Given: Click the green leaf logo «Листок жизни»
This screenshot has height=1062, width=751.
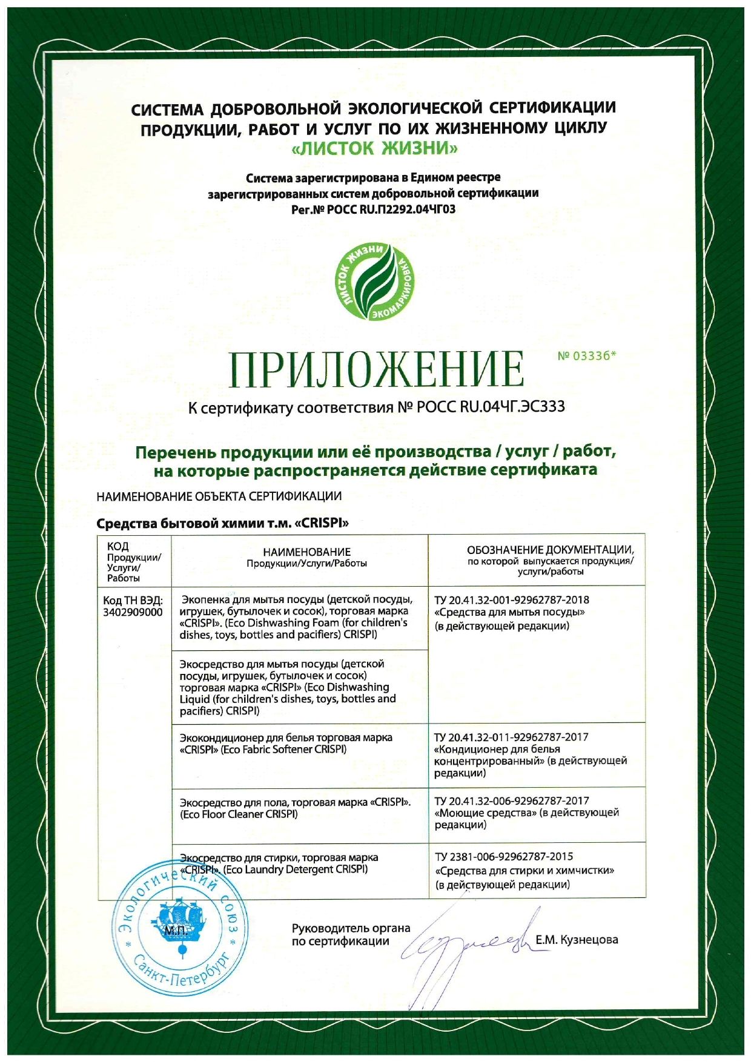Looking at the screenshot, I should click(x=375, y=283).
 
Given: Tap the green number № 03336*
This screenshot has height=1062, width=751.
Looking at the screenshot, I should click(x=586, y=356).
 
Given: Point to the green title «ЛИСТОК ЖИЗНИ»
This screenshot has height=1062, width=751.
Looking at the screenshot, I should click(x=375, y=148).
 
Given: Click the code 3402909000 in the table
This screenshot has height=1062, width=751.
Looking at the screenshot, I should click(x=133, y=612).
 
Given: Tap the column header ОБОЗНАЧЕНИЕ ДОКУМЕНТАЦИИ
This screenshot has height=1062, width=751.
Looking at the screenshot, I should click(x=550, y=550).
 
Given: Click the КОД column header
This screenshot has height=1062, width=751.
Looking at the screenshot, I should click(x=117, y=546).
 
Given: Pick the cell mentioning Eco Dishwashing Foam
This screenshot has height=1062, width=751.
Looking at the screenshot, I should click(x=297, y=617).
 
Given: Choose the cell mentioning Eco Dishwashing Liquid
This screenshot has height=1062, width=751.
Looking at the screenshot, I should click(x=288, y=687).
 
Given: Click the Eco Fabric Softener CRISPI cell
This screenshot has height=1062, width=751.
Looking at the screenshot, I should click(x=286, y=744).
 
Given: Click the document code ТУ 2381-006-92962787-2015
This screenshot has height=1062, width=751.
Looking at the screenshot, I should click(x=504, y=857).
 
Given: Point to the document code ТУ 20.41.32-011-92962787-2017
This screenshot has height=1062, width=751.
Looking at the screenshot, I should click(x=511, y=737).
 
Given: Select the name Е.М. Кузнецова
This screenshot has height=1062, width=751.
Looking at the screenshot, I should click(x=577, y=940).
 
